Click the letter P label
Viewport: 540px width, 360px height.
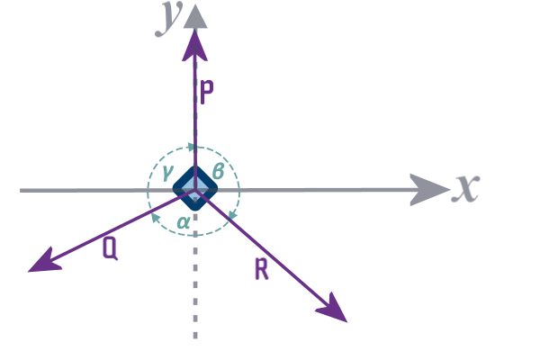coord(206,93)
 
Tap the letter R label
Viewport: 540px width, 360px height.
coord(262,268)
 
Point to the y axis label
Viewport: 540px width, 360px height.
coord(165,18)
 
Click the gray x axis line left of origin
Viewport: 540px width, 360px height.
coord(81,190)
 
